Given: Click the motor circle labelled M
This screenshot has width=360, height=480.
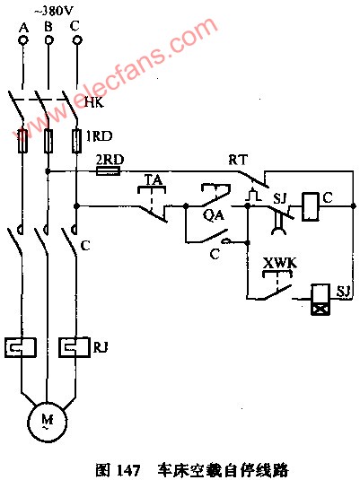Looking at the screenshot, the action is tap(47, 423).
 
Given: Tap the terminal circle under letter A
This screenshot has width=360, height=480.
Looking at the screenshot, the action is tap(23, 40).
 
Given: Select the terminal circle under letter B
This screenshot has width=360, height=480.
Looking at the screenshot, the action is tap(48, 40).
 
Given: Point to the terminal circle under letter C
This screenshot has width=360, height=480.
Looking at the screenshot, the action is tap(76, 40).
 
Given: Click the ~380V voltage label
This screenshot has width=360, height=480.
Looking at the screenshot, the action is tap(53, 12).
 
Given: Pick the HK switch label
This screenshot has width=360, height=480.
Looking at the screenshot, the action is tap(94, 102).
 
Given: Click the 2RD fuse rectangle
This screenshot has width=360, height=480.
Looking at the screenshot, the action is tap(108, 171).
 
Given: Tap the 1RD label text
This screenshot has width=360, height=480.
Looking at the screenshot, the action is tap(99, 136).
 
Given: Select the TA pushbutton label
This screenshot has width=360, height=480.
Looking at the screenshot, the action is tap(154, 179).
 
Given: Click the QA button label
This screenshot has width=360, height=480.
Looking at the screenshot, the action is tap(214, 215).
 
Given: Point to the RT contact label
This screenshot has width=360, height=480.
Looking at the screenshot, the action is tap(238, 160).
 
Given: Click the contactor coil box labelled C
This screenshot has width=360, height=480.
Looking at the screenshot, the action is tap(311, 206).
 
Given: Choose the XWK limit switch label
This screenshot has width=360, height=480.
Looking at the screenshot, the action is tap(280, 263).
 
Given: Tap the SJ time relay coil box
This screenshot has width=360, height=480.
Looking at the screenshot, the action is tap(320, 300).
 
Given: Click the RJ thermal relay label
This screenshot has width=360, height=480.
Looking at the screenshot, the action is tap(101, 348).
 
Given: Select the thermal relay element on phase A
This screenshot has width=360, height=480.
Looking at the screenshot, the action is tap(21, 348).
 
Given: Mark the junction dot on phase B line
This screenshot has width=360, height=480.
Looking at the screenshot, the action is tap(48, 171).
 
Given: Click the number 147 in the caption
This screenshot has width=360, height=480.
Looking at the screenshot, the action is tap(128, 470).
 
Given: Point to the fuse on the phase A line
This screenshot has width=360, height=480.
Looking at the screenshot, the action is tap(22, 141).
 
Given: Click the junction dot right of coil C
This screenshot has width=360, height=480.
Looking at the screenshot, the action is tap(353, 206).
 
